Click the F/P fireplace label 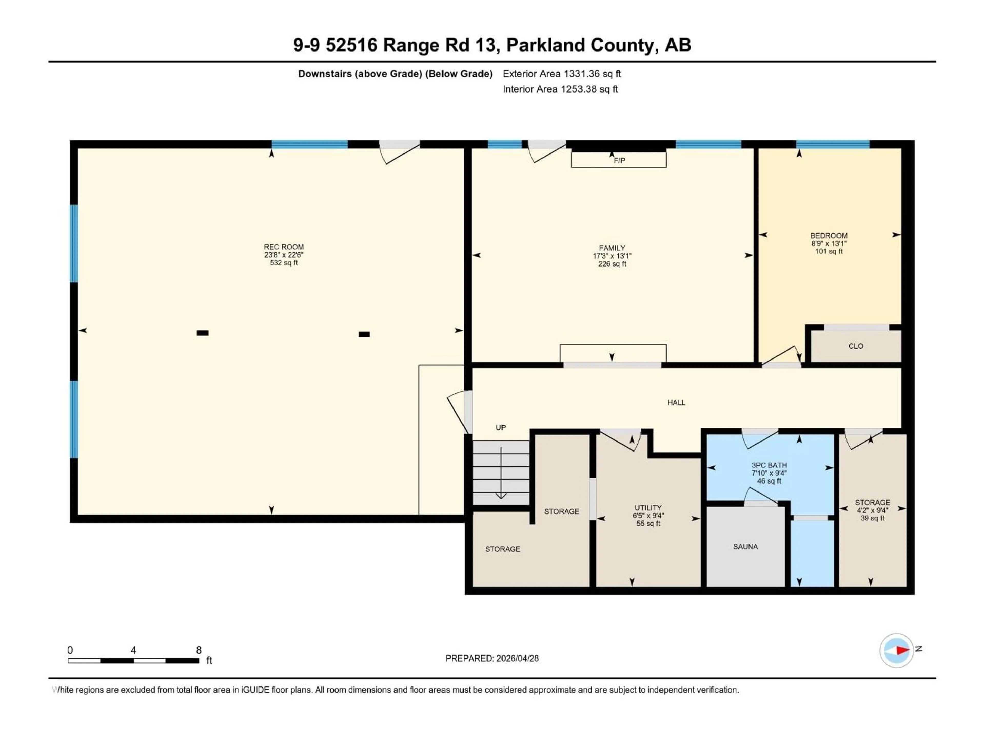coord(619,161)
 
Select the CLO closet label coord(855,346)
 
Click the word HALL coord(676,403)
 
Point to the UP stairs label coord(500,427)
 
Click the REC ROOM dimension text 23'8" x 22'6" coord(284,255)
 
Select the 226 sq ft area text coord(612,264)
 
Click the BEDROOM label coord(829,236)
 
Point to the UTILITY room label coord(648,508)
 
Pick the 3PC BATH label coord(769,465)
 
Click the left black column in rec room coord(203,333)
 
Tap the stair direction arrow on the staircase coord(501,474)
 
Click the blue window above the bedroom coord(833,144)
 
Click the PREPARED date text coord(492,658)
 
